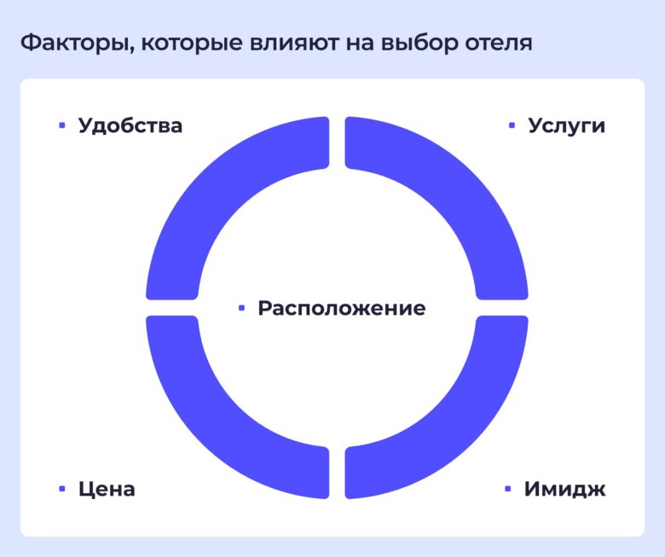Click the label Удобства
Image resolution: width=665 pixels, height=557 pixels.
[130, 125]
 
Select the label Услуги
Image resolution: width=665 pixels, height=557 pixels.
[566, 125]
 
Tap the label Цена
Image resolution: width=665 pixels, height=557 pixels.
[107, 490]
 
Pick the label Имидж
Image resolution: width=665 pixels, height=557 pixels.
[564, 490]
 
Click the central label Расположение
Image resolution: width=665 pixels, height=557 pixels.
[341, 308]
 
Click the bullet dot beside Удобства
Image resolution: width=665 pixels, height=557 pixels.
[61, 125]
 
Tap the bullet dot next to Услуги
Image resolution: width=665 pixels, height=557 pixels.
[512, 125]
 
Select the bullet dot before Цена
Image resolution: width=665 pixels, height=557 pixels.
[61, 490]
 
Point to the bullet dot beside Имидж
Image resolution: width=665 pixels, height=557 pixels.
[508, 490]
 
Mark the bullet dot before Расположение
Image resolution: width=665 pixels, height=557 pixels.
[241, 308]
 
